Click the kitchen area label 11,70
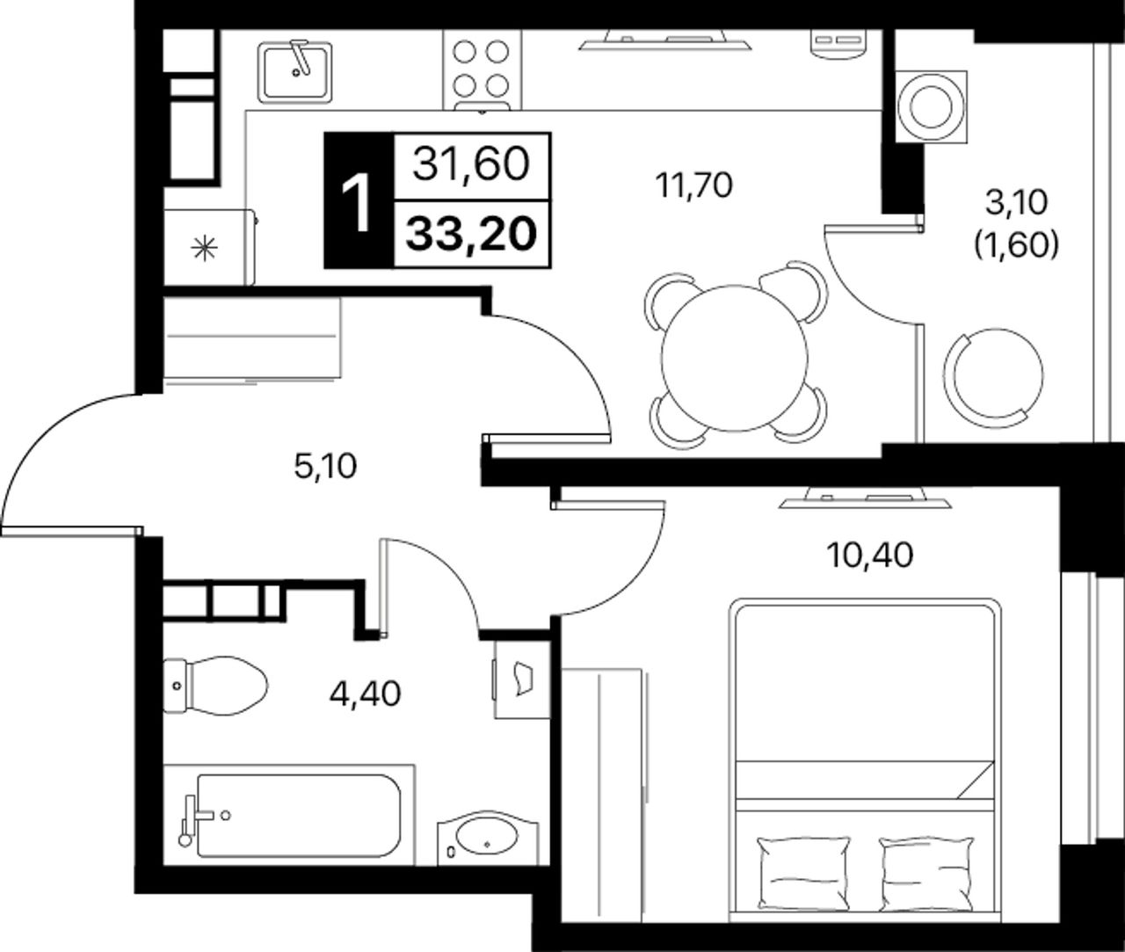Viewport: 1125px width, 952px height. coord(694,186)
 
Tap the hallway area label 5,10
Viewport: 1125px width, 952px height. coord(325,467)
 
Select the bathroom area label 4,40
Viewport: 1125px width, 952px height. coord(366,694)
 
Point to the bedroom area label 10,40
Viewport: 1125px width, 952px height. coord(870,556)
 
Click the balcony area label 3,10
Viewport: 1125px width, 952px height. coord(1016,203)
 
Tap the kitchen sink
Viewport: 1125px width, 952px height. coord(294,72)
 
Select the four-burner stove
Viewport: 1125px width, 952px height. coord(483,69)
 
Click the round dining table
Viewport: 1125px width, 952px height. coord(735,358)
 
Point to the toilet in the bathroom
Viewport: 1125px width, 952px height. coord(215,686)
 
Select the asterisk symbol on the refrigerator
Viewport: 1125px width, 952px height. coord(204,249)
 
